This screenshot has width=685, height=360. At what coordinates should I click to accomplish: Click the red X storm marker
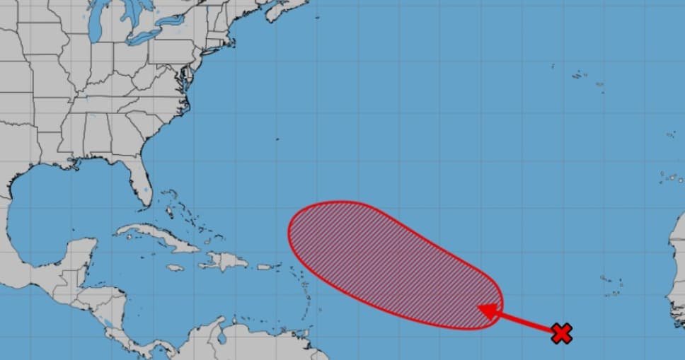[561, 333]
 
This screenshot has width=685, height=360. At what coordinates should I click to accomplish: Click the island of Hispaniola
[225, 261]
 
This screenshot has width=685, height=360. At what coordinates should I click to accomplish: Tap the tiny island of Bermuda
[277, 139]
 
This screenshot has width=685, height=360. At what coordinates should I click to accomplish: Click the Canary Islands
[669, 177]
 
